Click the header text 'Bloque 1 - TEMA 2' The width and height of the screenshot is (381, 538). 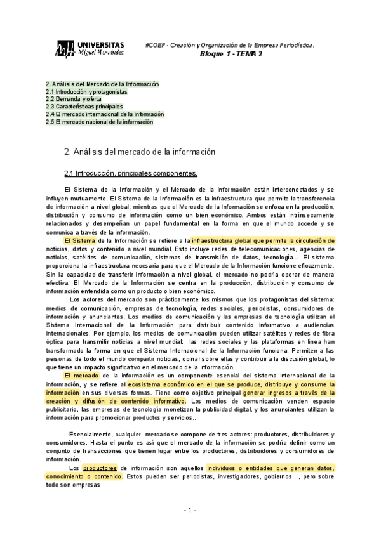232,55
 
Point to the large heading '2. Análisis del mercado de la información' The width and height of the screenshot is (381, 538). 140,152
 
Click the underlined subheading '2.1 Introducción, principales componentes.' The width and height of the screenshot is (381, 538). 131,173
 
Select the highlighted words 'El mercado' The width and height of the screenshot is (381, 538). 82,376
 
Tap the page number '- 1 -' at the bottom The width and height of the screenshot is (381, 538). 190,510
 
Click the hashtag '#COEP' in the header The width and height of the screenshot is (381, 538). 154,46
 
